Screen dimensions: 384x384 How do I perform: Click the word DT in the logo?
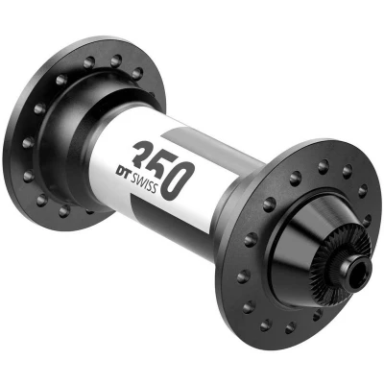[x=123, y=172]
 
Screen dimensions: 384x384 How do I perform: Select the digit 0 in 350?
[x=178, y=181]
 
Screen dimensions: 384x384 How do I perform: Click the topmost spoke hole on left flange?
[x=116, y=60]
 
